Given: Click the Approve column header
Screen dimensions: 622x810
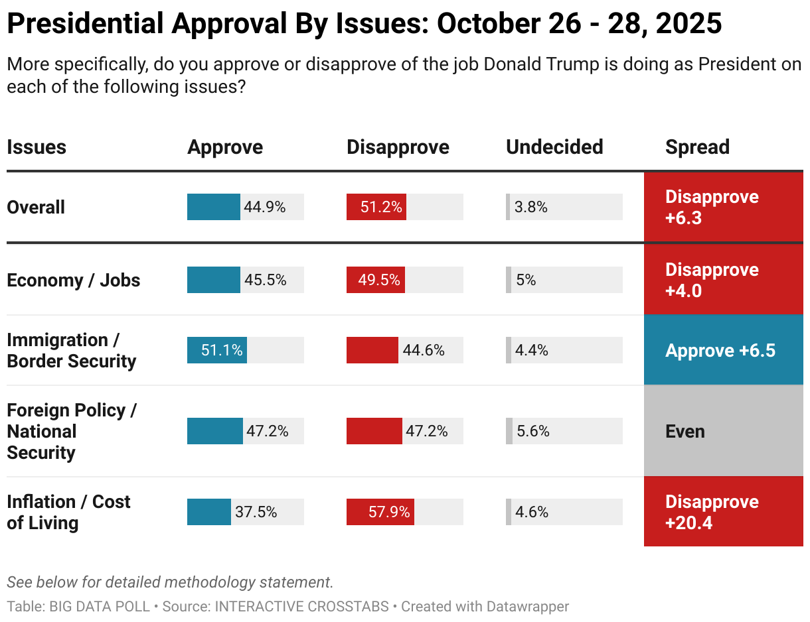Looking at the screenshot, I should point(225,147).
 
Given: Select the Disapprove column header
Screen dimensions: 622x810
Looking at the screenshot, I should point(398,147).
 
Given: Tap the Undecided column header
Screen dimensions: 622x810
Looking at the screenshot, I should point(554,147).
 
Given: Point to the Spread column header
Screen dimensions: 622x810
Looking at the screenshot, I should point(697,147).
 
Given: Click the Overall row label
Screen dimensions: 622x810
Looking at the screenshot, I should point(36,207).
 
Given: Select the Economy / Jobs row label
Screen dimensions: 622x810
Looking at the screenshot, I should point(73,280).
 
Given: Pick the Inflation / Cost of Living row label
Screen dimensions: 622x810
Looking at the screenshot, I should point(68,512).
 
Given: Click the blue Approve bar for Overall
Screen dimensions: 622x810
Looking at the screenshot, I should point(213,207).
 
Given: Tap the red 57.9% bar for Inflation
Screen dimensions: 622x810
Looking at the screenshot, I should point(380,512).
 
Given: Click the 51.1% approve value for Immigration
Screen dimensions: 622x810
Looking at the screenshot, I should point(222,350).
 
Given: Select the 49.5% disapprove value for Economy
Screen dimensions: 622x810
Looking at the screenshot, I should point(379,280).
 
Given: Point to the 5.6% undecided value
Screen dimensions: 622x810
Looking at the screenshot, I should point(533,431).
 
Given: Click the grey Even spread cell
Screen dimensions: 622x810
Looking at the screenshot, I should point(723,431).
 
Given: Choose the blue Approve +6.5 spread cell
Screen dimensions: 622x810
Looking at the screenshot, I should point(723,350).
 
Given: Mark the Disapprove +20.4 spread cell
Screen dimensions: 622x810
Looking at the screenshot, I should point(723,512).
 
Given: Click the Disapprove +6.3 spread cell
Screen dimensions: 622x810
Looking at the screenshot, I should point(723,207).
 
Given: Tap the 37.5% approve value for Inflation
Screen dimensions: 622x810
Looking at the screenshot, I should point(256,512).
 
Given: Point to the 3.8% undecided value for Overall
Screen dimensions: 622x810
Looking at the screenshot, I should point(531,207).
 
